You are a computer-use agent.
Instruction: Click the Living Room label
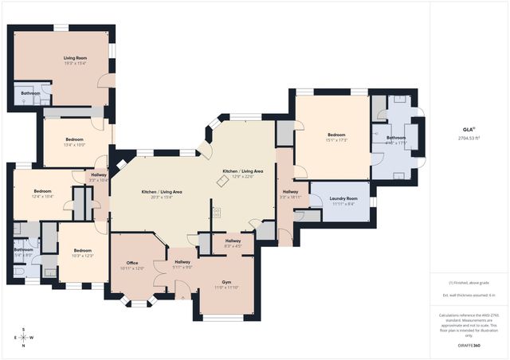(74, 58)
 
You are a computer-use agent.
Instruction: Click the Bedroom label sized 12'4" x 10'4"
(42, 191)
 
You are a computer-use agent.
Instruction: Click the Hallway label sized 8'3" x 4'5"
(233, 241)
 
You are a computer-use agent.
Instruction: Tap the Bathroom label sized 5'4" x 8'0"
(23, 250)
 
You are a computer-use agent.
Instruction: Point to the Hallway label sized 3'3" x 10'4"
(98, 174)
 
